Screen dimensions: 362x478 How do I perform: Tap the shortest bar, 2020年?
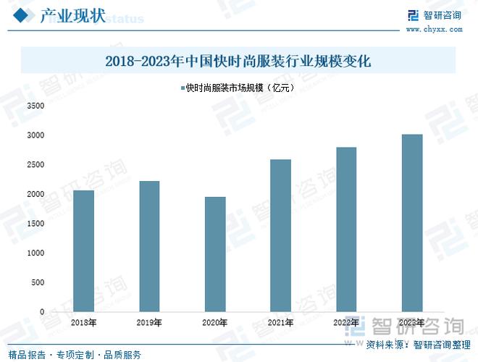pos(214,254)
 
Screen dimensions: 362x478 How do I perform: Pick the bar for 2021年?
pos(280,235)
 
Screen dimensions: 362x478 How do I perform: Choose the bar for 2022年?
pos(345,230)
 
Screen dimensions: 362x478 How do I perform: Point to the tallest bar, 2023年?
pos(411,223)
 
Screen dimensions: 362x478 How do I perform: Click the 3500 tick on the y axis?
pos(35,106)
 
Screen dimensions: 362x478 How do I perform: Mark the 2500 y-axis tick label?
pos(35,165)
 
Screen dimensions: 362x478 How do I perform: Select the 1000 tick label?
pos(35,253)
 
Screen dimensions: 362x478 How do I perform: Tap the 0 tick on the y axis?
pos(41,312)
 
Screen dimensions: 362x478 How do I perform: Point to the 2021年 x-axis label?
pos(280,322)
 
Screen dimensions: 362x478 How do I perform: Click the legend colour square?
pos(182,88)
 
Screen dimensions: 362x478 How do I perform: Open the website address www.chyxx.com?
pos(433,30)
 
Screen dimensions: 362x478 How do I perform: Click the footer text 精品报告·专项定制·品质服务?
pos(75,355)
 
